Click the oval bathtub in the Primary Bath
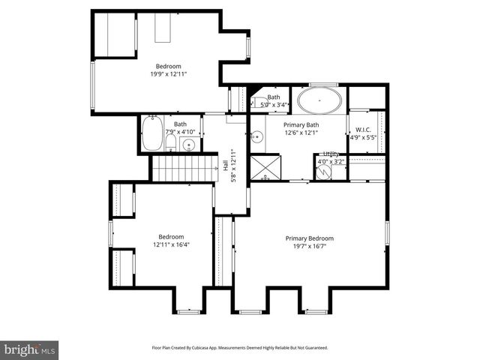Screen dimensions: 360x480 [319, 100]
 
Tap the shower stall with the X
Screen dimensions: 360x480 [263, 166]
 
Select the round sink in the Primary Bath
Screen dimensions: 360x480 [256, 136]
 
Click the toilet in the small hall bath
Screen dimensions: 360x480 [171, 142]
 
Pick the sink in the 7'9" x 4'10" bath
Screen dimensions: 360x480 [190, 144]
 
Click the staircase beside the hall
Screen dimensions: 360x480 [183, 169]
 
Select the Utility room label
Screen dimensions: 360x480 [331, 154]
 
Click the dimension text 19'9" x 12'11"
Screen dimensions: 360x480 [168, 73]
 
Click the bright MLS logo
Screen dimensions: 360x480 [30, 349]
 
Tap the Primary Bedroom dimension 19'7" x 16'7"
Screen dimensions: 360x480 [310, 246]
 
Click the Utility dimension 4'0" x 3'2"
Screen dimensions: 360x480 [331, 161]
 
